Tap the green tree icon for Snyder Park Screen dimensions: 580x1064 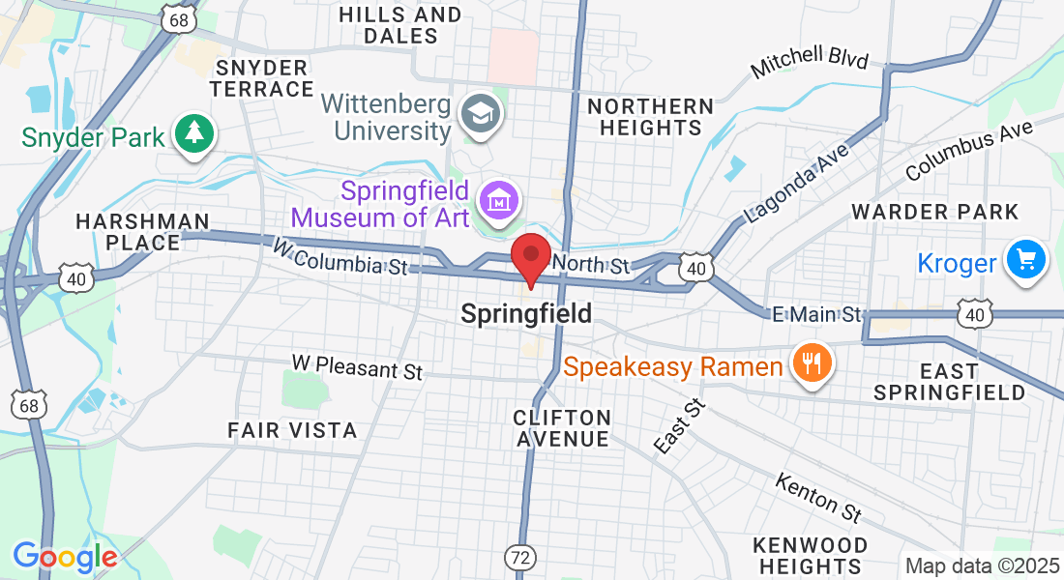pos(195,134)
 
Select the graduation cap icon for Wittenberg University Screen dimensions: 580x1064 pos(478,113)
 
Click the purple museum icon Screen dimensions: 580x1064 pos(500,202)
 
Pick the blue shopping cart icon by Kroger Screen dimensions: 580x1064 pos(1026,260)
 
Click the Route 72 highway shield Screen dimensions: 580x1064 pos(519,557)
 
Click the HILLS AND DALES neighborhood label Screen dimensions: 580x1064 pos(399,25)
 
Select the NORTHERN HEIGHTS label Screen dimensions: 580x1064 pos(650,116)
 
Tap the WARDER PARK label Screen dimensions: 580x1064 pos(934,212)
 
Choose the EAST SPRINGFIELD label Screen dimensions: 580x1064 pos(949,382)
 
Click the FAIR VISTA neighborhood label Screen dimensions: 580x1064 pos(292,429)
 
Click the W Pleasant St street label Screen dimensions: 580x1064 pos(358,368)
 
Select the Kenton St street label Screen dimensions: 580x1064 pos(818,496)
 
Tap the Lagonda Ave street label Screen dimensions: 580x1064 pos(795,184)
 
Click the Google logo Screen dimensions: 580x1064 pos(65,557)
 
